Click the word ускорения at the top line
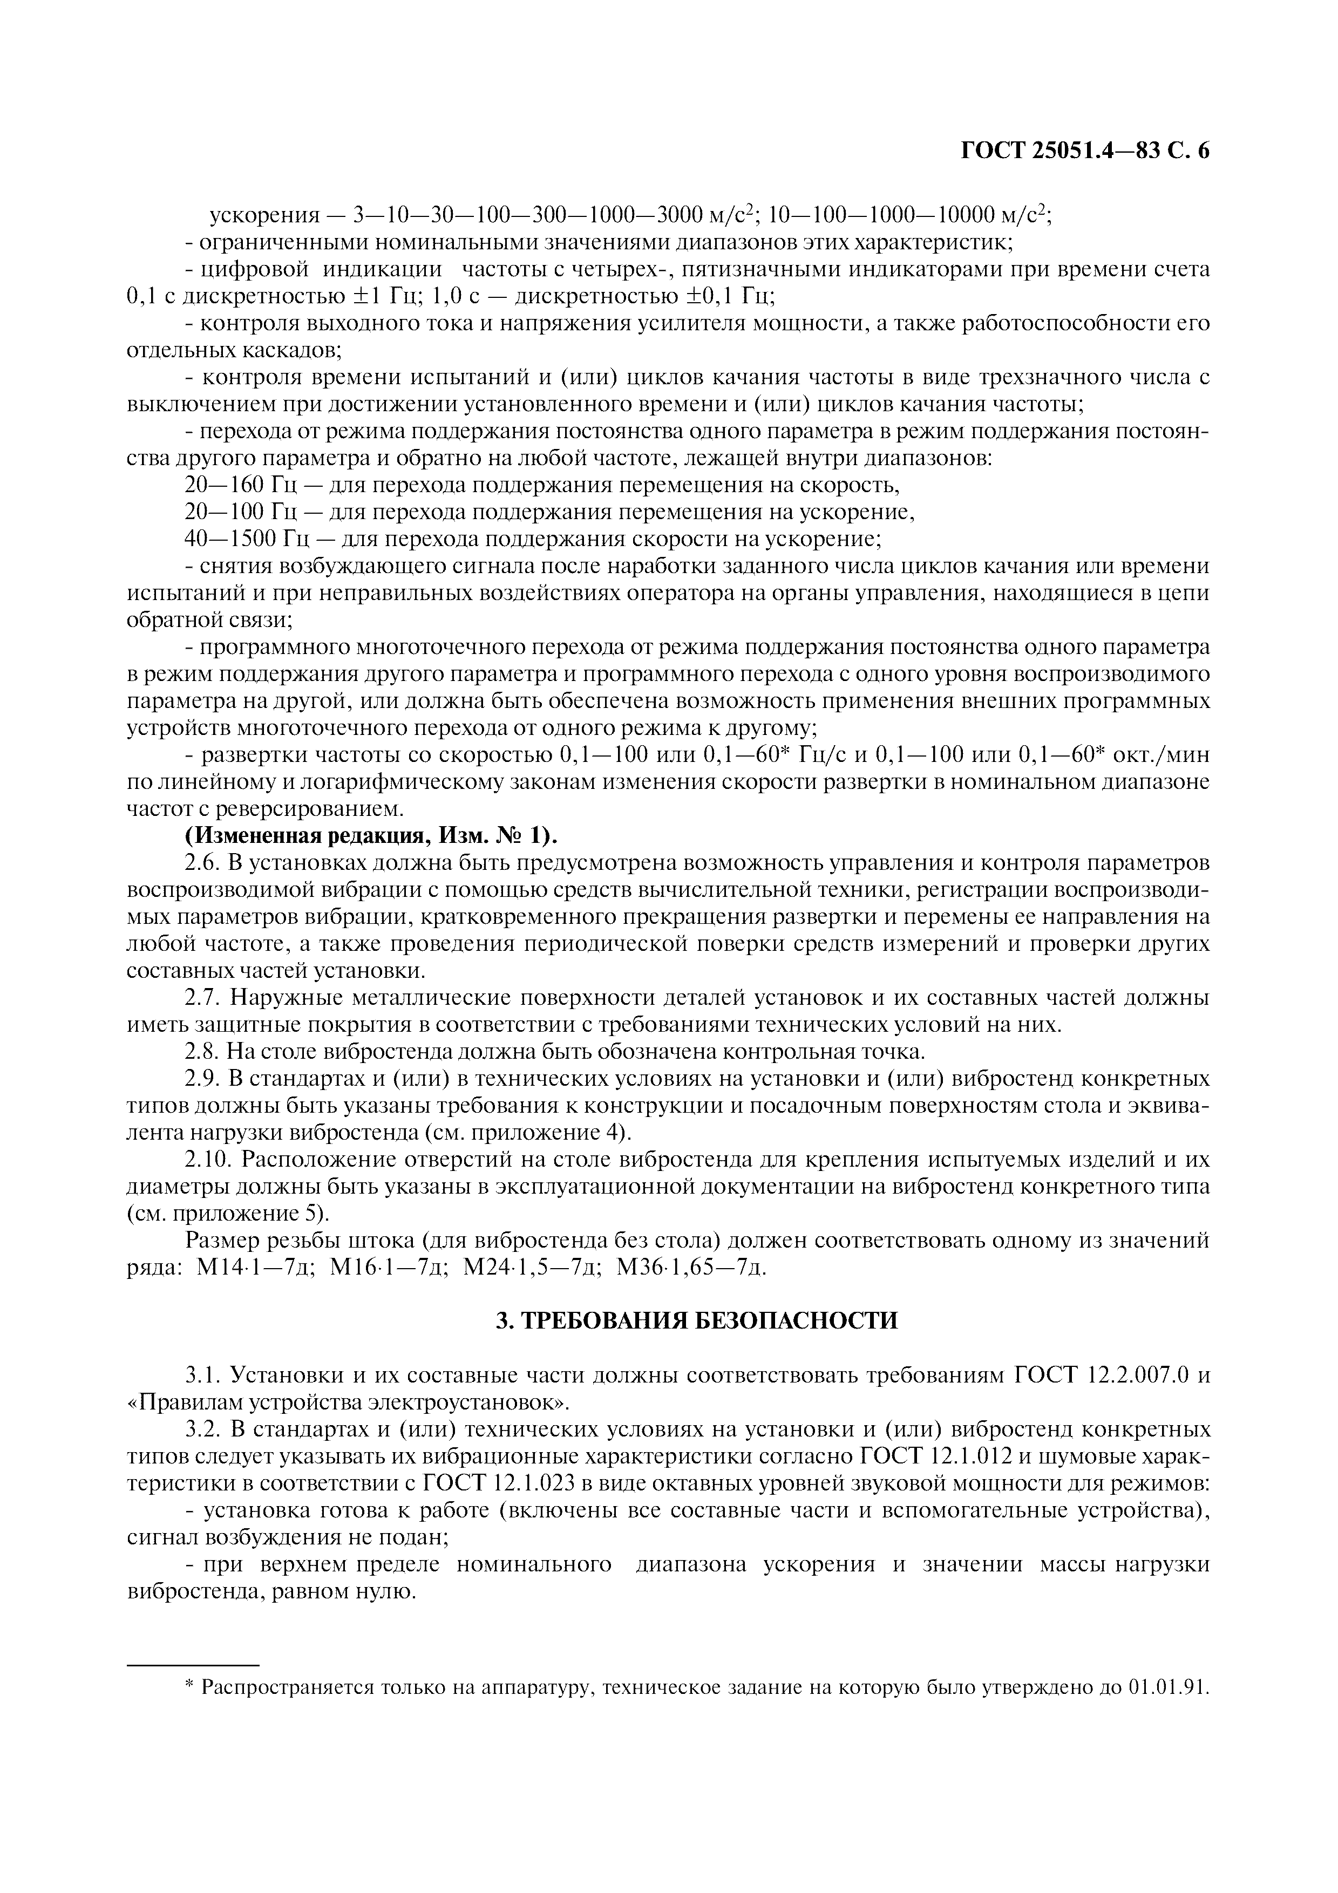pos(263,216)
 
